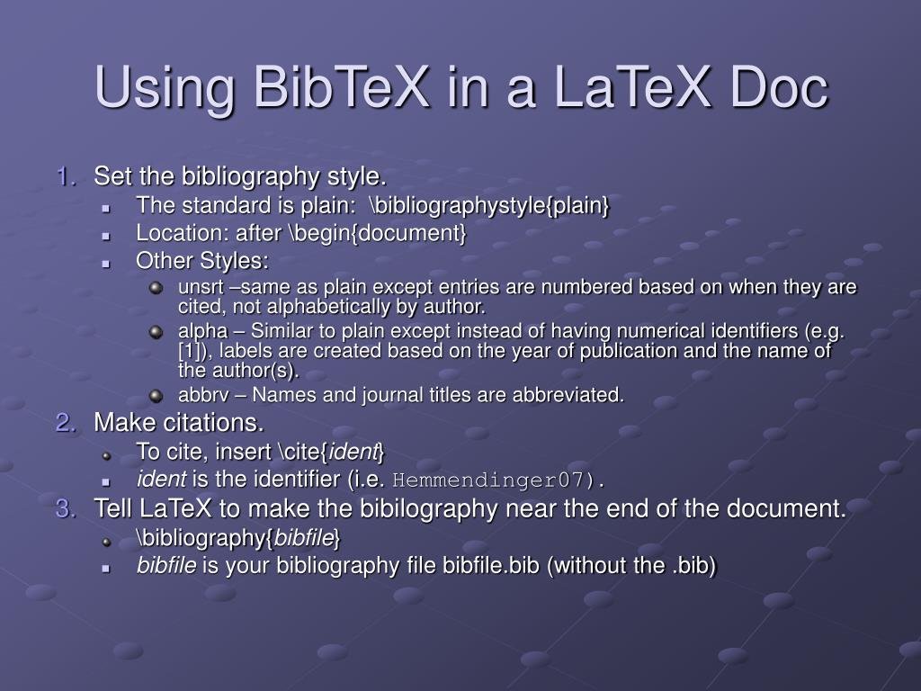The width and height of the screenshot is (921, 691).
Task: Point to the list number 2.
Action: (x=67, y=423)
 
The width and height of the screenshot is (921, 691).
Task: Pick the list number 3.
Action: (x=67, y=509)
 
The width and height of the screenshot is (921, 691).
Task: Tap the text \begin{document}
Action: (x=378, y=234)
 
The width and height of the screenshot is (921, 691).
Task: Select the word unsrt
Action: (x=197, y=287)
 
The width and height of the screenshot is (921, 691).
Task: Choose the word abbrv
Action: (x=200, y=395)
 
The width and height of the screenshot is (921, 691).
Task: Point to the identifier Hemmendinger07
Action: (x=493, y=480)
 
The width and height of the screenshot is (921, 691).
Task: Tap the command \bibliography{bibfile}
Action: (x=238, y=538)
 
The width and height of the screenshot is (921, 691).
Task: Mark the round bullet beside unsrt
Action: (x=156, y=288)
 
